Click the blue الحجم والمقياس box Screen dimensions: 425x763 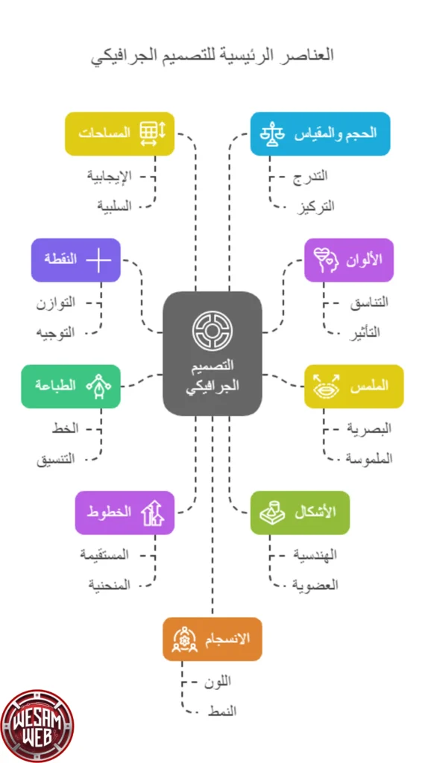[320, 134]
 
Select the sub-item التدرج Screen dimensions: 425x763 [310, 176]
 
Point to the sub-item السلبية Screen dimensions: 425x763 [114, 206]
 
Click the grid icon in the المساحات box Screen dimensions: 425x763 [153, 134]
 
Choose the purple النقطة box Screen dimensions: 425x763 [75, 260]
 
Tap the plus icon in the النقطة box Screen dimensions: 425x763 [99, 260]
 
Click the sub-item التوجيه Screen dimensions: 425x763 [56, 333]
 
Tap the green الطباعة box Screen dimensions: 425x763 [71, 387]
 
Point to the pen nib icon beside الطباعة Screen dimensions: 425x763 [99, 387]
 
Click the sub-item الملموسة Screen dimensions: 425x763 [369, 459]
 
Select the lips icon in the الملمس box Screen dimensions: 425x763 [326, 387]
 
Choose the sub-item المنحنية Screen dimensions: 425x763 [109, 584]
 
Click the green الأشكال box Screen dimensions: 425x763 [300, 513]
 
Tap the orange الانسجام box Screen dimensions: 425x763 [212, 639]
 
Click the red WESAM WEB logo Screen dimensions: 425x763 [37, 726]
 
